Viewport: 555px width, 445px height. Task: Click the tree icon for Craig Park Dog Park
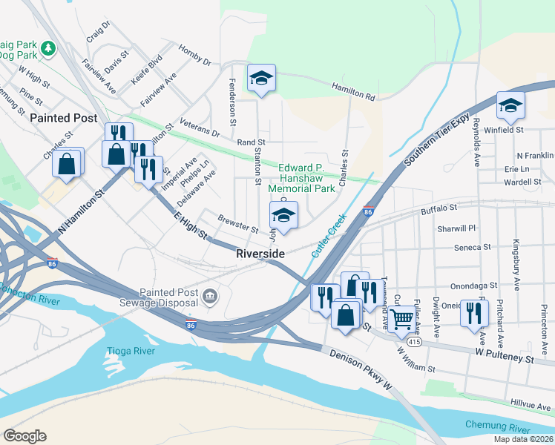tap(48, 48)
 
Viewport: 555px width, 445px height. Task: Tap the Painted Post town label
tap(64, 118)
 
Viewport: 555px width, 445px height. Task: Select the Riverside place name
tap(260, 254)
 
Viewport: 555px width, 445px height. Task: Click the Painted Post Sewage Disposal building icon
tap(210, 297)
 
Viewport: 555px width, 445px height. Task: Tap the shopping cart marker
tap(401, 319)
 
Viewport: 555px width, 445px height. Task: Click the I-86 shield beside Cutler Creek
tap(368, 212)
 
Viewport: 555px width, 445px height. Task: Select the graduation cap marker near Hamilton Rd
tap(261, 78)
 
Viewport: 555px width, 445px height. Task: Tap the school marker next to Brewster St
tap(283, 215)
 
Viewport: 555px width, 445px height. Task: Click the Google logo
tap(24, 436)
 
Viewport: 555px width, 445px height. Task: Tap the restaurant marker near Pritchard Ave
tap(473, 311)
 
